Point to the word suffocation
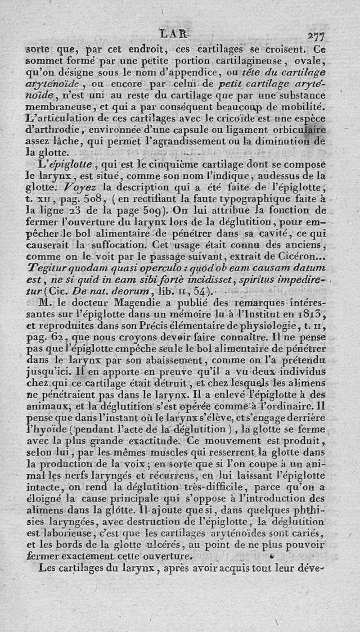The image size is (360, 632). click(x=121, y=245)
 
